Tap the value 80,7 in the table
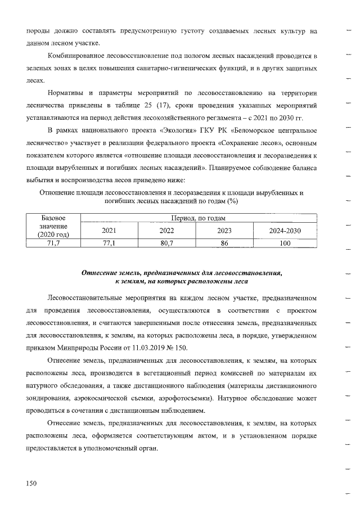(x=166, y=242)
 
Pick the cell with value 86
(x=224, y=242)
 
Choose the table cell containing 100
(x=285, y=242)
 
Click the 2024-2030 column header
(x=285, y=230)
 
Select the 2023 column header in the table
(x=224, y=230)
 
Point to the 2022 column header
(x=166, y=230)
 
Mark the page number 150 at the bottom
(x=32, y=483)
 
